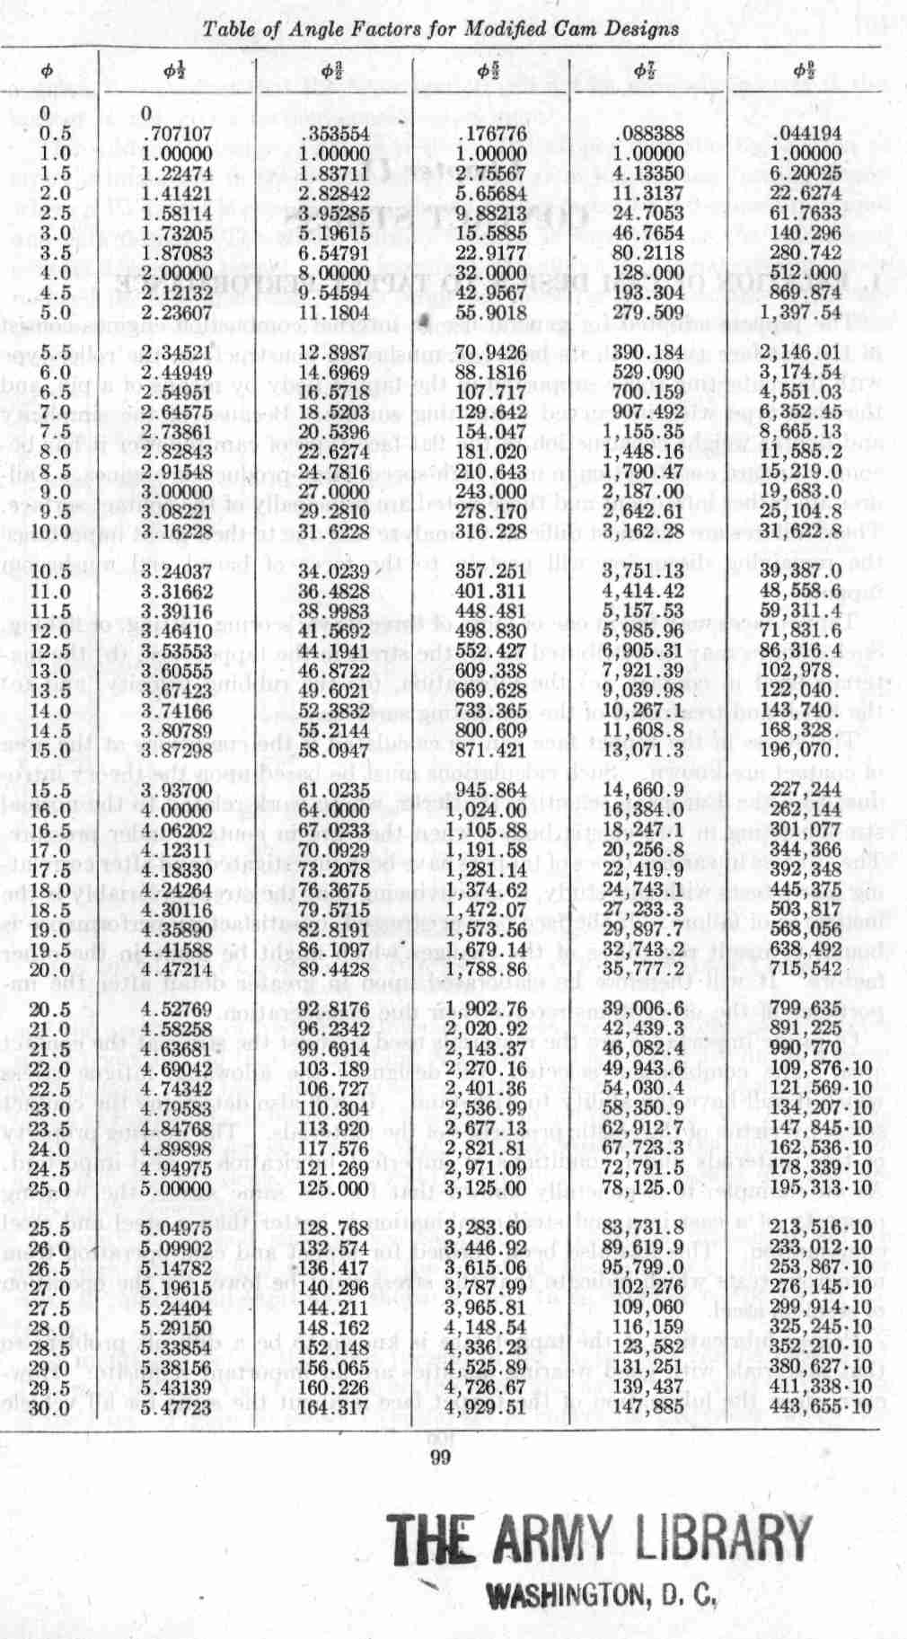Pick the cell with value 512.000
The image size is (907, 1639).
click(x=812, y=273)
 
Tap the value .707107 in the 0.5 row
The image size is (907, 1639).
click(x=176, y=133)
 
